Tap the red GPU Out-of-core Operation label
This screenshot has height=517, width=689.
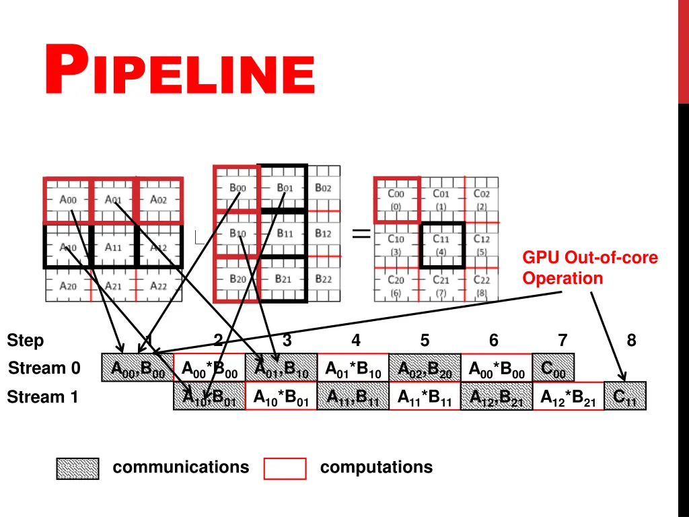tap(590, 268)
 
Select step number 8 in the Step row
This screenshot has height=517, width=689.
tap(631, 341)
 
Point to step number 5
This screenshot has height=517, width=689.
tap(425, 341)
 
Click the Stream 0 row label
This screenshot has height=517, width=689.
tap(44, 368)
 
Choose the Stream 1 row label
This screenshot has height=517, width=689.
tap(43, 397)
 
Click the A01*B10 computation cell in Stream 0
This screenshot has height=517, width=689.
tap(353, 368)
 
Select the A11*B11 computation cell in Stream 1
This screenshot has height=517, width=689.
tap(425, 397)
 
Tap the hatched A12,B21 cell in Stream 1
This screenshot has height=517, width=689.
tap(496, 397)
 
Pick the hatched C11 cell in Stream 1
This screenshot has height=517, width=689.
tap(625, 397)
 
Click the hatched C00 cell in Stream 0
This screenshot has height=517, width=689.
tap(553, 368)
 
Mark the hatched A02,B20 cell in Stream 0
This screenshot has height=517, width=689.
tap(425, 368)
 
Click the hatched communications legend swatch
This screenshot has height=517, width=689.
tap(77, 469)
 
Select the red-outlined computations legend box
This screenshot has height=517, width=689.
tap(285, 469)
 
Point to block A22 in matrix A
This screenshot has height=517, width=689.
tap(158, 286)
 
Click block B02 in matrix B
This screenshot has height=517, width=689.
tap(323, 188)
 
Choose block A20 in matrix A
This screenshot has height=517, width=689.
tap(68, 286)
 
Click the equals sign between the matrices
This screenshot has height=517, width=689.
tap(361, 234)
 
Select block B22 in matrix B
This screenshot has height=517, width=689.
tap(323, 279)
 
